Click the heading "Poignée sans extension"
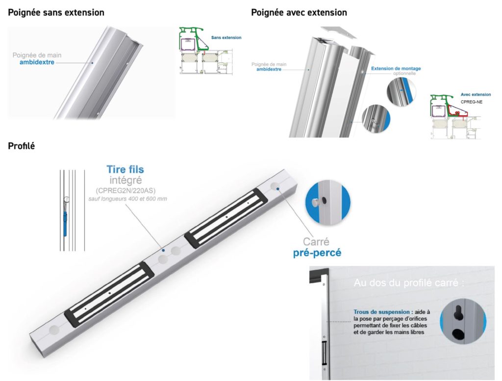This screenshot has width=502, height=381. [x=56, y=12]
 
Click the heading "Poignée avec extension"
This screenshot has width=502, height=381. [x=299, y=12]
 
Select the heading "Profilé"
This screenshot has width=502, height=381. [x=22, y=146]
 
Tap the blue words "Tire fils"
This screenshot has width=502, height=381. [x=125, y=170]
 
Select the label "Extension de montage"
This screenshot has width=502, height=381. [x=396, y=69]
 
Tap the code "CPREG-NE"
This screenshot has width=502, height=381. [x=472, y=102]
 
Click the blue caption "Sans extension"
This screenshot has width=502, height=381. [x=226, y=37]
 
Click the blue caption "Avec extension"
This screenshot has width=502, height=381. [x=476, y=95]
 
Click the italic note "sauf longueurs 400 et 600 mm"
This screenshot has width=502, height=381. [x=125, y=199]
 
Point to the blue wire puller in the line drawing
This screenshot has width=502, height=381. [x=65, y=218]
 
